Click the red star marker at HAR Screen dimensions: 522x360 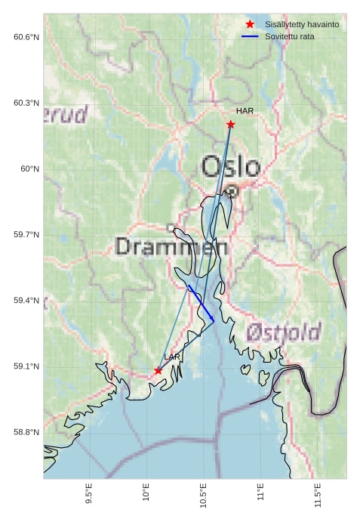pos(230,125)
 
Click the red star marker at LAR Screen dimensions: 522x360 pos(158,371)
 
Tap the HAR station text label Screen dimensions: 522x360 pos(245,111)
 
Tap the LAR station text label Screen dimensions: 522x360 pos(172,357)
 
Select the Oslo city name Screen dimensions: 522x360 pos(231,167)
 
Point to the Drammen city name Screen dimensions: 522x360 pos(172,246)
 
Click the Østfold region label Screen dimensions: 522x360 pos(284,332)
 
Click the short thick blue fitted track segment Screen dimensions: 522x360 pos(202,304)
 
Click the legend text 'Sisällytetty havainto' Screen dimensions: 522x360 pos(302,24)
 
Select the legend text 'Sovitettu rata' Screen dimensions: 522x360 pos(290,36)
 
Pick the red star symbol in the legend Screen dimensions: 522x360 pos(250,24)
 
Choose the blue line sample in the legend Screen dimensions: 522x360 pos(250,36)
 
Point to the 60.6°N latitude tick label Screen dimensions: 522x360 pos(26,37)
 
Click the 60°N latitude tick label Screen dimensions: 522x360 pos(30,169)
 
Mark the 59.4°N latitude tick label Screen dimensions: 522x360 pos(26,301)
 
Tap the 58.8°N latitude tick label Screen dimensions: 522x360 pos(26,432)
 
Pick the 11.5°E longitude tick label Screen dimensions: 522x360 pos(318,498)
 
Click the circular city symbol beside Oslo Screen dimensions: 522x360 pos(232,192)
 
